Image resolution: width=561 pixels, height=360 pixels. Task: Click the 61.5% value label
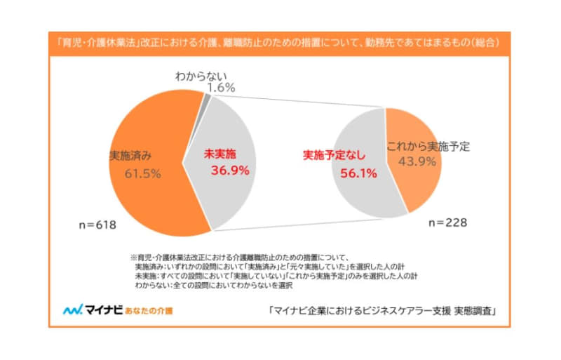[x=143, y=173]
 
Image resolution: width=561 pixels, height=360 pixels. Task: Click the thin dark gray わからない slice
[x=205, y=100]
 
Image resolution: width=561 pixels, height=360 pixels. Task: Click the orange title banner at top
[x=280, y=42]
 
